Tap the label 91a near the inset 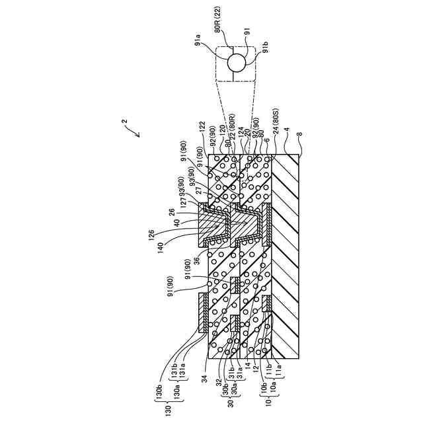click(x=198, y=44)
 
